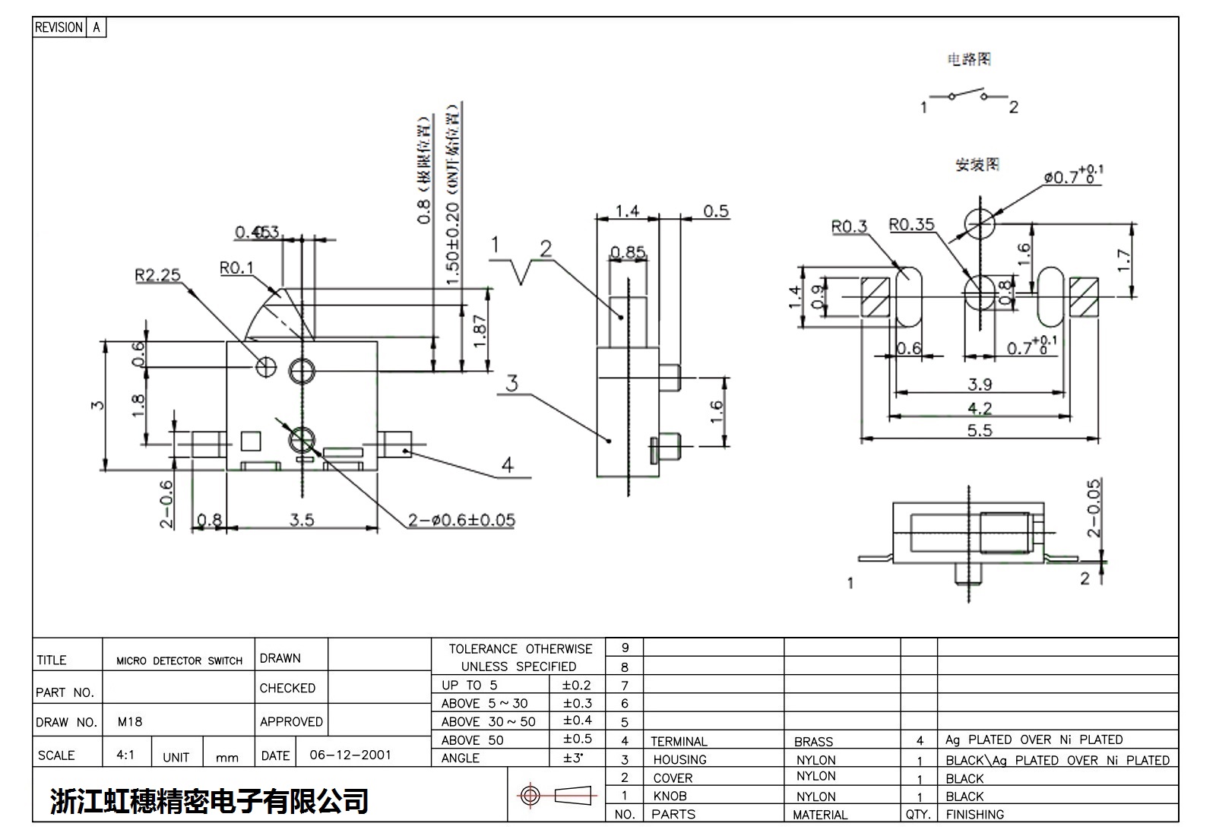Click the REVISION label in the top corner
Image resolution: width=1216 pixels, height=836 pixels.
[59, 27]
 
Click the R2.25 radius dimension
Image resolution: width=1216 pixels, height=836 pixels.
[157, 274]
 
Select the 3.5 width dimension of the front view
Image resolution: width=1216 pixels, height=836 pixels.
[301, 520]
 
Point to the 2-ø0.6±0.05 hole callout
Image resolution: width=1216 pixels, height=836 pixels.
[461, 521]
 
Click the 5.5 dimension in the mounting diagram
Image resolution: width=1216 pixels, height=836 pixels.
[979, 430]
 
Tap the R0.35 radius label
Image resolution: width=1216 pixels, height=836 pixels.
[911, 225]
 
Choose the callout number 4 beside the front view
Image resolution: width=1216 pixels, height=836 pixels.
[507, 464]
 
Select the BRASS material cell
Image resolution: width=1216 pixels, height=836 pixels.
[813, 741]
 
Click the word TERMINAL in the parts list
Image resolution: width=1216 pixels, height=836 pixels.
[679, 741]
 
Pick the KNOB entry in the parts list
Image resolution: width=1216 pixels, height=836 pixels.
[670, 796]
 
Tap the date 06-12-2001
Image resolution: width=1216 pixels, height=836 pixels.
[350, 755]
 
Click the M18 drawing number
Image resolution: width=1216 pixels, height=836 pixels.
[130, 721]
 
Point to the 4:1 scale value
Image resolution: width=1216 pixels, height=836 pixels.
[125, 755]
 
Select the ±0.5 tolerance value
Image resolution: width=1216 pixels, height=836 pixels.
[577, 739]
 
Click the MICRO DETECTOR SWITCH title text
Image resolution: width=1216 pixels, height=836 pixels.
[179, 660]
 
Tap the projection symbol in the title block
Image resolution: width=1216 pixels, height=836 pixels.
[556, 796]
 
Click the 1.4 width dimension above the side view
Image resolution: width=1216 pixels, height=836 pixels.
[627, 211]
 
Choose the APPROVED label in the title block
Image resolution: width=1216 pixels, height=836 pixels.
[291, 721]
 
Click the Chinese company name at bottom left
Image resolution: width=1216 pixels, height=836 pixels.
[209, 800]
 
